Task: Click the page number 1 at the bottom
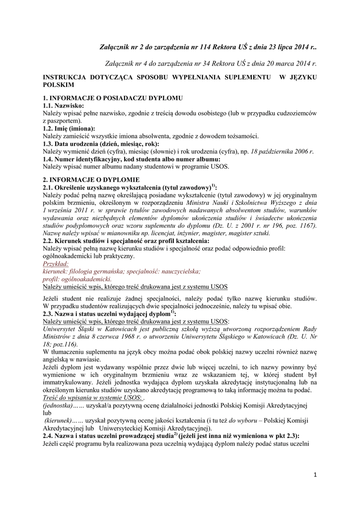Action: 315,475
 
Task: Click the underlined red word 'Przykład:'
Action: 56,264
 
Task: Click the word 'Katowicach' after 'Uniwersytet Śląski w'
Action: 118,329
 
